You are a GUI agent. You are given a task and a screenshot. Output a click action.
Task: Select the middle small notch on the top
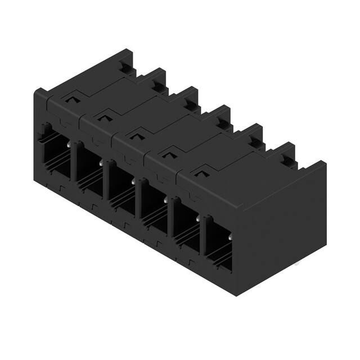tap(134, 134)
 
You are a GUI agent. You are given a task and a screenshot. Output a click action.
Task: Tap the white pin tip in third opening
tap(133, 181)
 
